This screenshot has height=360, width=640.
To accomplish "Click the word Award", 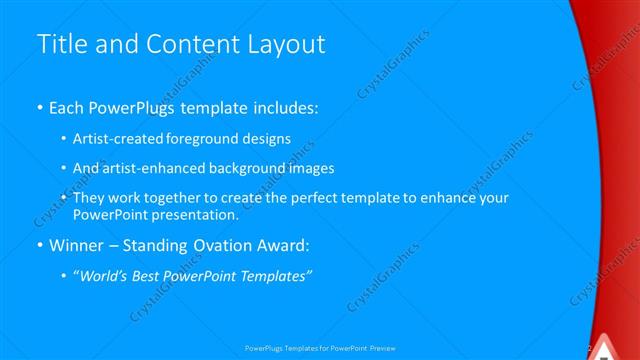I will click(x=281, y=244).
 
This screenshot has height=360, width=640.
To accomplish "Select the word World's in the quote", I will click(x=105, y=275).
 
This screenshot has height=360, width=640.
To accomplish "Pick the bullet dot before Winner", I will click(x=39, y=245).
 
